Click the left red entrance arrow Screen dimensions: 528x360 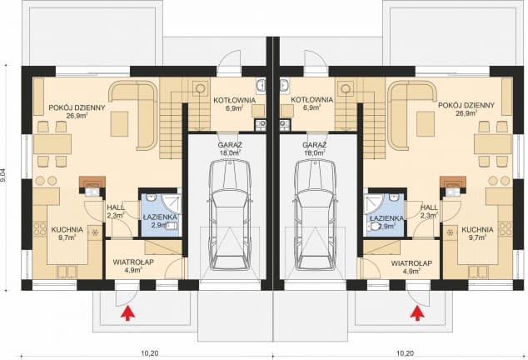(x=128, y=312)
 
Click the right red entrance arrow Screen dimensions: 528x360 (x=417, y=312)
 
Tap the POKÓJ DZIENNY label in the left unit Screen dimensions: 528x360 (x=77, y=107)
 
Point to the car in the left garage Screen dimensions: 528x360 (x=230, y=215)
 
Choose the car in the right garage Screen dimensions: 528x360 (x=316, y=215)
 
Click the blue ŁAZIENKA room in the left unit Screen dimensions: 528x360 (x=161, y=215)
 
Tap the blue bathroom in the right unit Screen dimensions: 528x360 (x=384, y=215)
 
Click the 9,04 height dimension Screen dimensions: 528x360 (x=4, y=177)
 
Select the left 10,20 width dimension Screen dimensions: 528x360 (x=149, y=353)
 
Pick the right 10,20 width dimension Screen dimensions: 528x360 (x=405, y=353)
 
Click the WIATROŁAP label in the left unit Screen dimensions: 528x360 (x=133, y=262)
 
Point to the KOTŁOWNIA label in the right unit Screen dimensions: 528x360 (x=311, y=100)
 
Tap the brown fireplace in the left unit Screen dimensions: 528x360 (x=92, y=182)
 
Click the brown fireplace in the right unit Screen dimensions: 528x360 (x=453, y=182)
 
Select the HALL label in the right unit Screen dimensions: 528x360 (x=429, y=207)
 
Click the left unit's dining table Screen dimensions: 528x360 (x=52, y=144)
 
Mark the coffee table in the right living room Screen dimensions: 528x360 (x=426, y=123)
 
